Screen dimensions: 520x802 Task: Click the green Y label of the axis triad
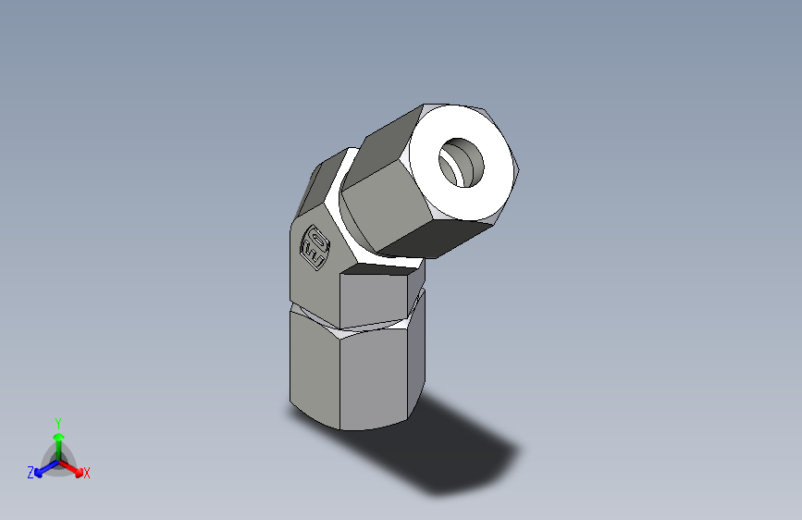tap(57, 422)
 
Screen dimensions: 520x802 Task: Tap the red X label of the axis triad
tap(87, 473)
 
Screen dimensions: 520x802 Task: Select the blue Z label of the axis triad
tap(31, 472)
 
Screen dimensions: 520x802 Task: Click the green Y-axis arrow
tap(58, 440)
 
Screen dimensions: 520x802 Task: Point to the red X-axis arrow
tap(74, 467)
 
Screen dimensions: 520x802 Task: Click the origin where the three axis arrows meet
tap(58, 460)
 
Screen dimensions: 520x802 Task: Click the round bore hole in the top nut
tap(461, 162)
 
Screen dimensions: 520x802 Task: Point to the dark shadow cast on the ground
tap(453, 453)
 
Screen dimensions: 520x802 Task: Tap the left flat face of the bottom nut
tap(315, 365)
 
